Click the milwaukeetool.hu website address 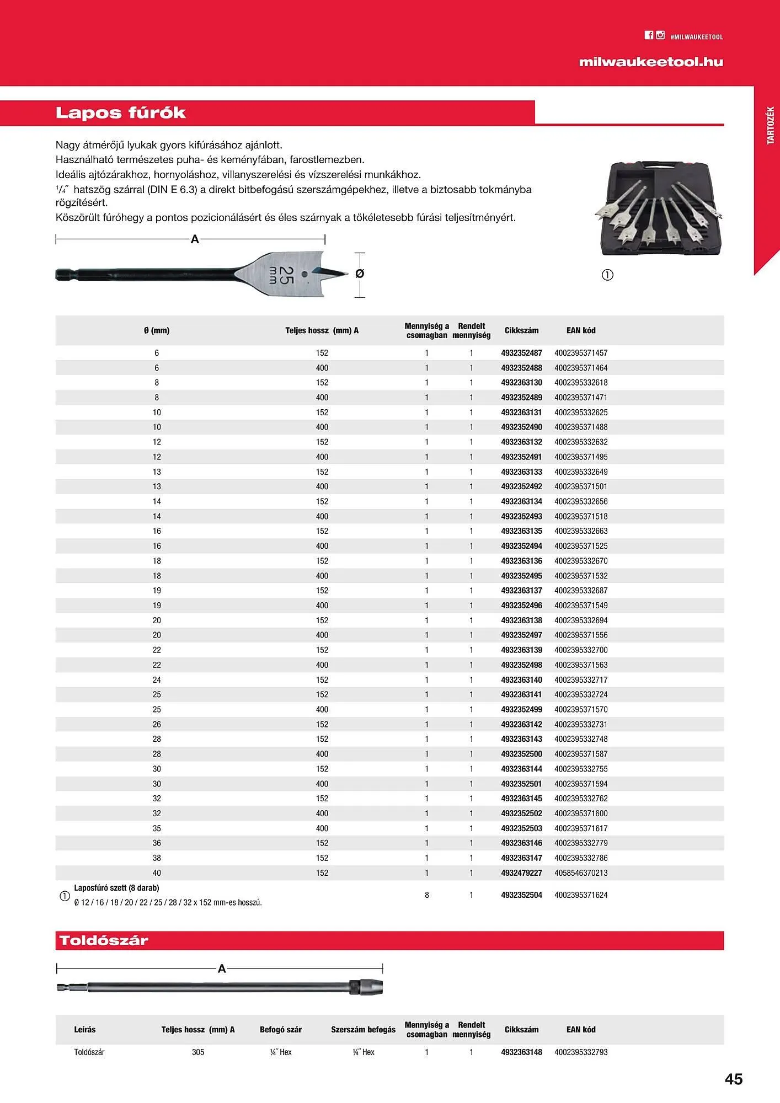(650, 62)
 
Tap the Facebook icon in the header (649, 35)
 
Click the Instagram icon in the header (660, 35)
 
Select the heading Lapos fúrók (121, 113)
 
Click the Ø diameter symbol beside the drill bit (360, 274)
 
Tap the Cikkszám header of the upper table (521, 330)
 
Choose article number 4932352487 (521, 353)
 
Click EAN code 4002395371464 (581, 368)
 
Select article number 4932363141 (521, 694)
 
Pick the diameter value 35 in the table (157, 828)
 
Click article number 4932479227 (521, 873)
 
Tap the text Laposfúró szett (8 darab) (116, 888)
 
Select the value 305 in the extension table (198, 1052)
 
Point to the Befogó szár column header (280, 1030)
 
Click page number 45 (734, 1079)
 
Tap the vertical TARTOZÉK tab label (771, 126)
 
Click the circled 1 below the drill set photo (607, 275)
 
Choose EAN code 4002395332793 (581, 1052)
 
